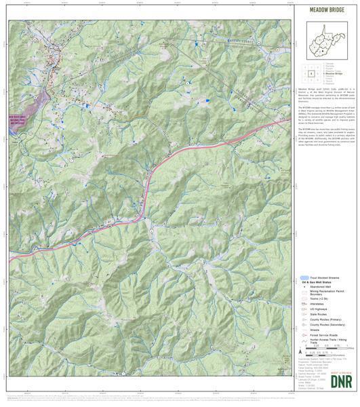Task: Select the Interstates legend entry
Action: click(319, 305)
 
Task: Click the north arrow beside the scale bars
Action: click(300, 351)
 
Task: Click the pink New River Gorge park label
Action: click(19, 120)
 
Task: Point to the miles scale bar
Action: click(329, 348)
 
